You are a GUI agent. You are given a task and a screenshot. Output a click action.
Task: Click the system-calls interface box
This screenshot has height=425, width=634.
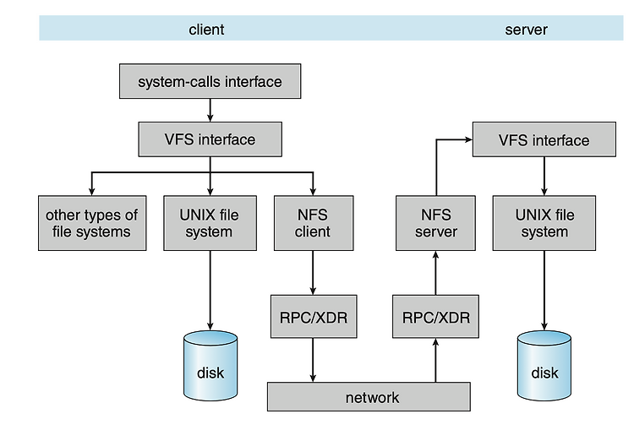click(210, 81)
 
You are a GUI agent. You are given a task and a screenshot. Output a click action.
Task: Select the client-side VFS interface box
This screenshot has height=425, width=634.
click(210, 139)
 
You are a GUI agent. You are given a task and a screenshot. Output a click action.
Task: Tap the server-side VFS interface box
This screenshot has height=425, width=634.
click(544, 139)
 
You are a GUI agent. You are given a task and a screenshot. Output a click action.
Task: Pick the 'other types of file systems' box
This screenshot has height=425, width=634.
click(92, 223)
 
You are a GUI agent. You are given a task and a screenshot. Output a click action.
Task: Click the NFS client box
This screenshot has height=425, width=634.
click(314, 223)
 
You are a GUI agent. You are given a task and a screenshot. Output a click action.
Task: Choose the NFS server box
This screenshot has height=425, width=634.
click(435, 223)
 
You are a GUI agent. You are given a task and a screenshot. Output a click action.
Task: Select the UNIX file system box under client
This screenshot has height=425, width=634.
click(210, 223)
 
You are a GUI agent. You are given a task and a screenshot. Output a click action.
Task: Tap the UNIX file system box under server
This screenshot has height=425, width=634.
click(544, 223)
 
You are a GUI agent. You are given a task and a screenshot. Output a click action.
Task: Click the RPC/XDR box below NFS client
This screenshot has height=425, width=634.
click(314, 316)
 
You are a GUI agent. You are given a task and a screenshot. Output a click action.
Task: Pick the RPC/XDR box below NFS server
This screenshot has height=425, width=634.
click(435, 316)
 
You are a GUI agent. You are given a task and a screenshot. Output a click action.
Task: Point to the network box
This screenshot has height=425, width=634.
click(369, 397)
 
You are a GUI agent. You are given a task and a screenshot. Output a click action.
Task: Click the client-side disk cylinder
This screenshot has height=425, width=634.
click(210, 366)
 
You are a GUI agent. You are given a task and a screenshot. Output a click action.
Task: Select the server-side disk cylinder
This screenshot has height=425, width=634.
click(544, 366)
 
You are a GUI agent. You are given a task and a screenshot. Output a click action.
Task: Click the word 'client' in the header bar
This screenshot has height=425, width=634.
click(206, 30)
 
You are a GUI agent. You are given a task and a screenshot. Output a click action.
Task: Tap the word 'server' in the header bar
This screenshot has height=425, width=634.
click(526, 30)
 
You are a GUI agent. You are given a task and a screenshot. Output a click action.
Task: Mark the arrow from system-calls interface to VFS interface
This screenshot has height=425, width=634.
click(210, 111)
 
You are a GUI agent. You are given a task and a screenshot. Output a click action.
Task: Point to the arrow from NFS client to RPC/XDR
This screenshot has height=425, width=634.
click(313, 273)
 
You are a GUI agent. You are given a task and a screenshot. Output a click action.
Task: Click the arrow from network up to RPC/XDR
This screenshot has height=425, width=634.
click(435, 360)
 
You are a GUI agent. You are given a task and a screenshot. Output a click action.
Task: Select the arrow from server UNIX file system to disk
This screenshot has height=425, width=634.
click(544, 291)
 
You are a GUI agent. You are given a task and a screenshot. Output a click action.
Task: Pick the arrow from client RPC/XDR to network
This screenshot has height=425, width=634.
click(313, 360)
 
